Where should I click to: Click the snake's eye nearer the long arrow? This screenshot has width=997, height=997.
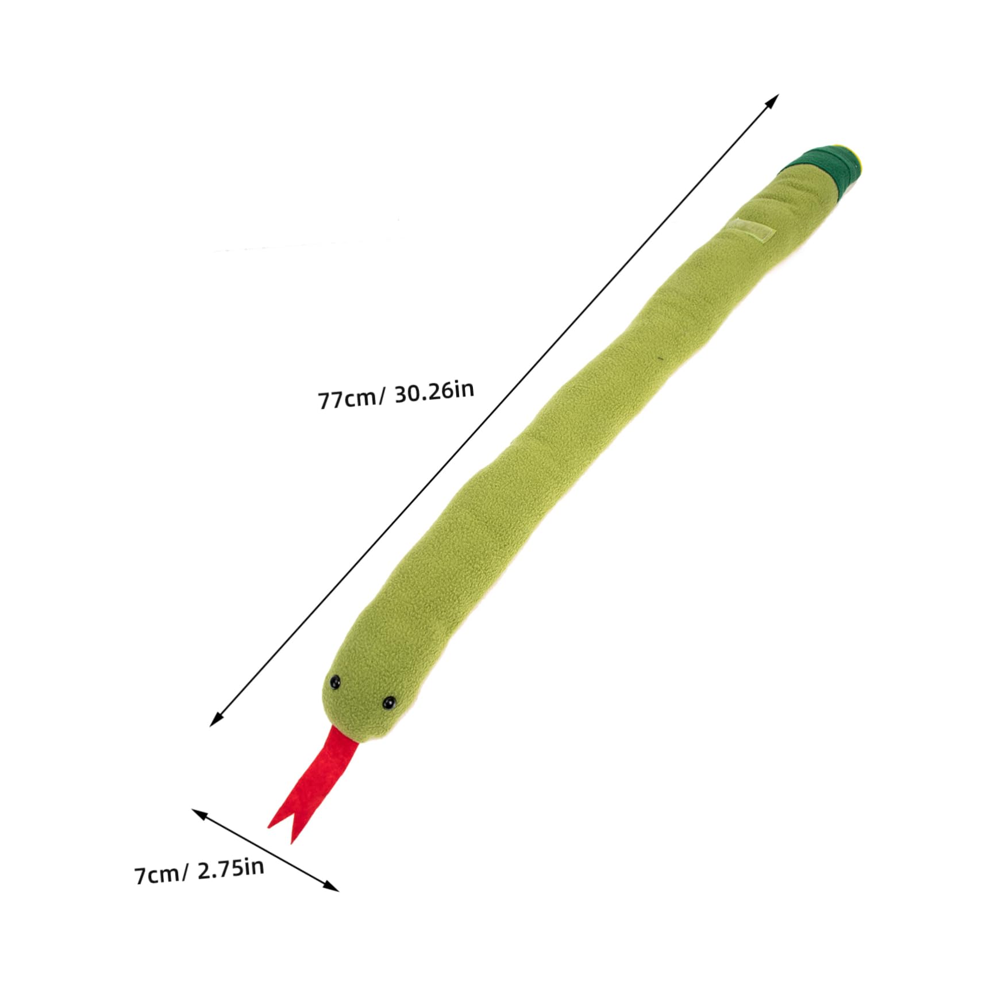tap(334, 682)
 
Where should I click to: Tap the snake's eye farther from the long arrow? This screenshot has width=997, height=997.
tap(390, 702)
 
